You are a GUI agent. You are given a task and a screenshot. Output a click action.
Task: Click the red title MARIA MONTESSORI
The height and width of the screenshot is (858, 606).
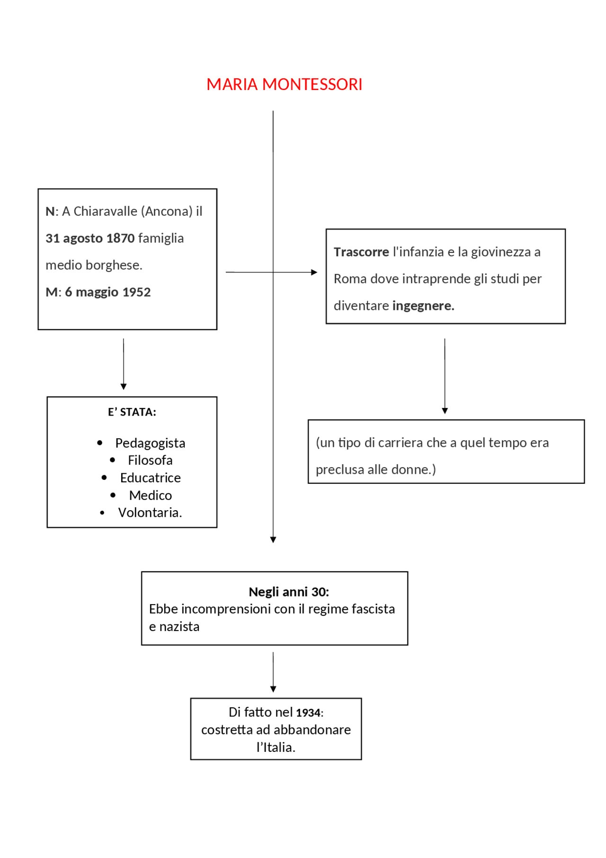point(284,84)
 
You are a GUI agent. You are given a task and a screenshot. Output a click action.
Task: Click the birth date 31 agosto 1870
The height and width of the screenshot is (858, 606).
point(90,238)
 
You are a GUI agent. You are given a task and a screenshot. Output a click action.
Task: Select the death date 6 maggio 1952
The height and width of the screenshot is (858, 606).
point(107,292)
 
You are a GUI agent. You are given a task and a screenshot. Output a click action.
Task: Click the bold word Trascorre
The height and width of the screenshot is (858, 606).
point(361,252)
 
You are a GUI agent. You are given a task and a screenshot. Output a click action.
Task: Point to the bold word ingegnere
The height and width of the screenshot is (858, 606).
point(423,306)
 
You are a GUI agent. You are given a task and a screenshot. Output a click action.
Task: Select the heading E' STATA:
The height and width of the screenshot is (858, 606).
point(132,412)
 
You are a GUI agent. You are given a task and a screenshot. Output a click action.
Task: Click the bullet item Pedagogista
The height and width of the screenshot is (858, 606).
point(150,443)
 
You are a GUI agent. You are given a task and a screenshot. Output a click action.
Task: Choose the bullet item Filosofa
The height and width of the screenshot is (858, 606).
point(150,460)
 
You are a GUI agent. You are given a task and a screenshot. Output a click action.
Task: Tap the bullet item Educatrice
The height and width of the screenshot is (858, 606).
point(150,478)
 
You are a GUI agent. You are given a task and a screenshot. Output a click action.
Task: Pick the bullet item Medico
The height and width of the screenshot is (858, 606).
point(150,495)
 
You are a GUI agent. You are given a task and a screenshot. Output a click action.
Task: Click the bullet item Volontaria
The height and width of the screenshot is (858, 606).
point(150,513)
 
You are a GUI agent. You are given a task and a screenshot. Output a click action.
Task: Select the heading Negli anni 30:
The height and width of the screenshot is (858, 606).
point(288,592)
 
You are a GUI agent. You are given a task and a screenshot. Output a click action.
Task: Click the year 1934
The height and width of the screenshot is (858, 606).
point(308,713)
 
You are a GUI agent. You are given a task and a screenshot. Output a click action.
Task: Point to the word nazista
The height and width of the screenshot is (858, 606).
point(179,627)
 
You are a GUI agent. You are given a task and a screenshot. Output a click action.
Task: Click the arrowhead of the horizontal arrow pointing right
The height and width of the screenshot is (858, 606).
point(314,272)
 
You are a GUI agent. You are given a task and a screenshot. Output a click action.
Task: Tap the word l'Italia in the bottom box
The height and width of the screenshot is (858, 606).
point(276,747)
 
